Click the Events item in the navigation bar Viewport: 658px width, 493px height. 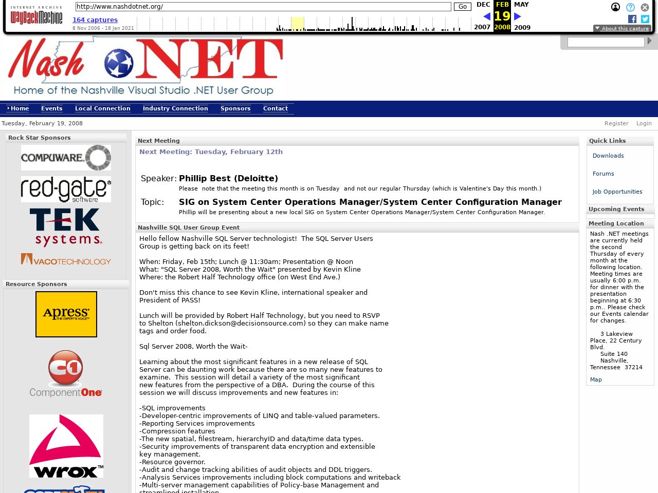(51, 108)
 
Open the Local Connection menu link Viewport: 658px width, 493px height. (102, 108)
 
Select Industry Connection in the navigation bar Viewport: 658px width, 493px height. (175, 108)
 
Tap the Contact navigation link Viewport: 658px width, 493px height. (275, 108)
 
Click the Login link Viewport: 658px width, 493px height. (644, 123)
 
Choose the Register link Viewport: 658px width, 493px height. (616, 123)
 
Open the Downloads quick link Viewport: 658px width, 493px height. (608, 156)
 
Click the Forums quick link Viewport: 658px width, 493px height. (603, 174)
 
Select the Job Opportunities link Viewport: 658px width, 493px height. (617, 192)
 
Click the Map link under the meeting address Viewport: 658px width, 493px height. (596, 380)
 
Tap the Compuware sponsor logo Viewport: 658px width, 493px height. (66, 158)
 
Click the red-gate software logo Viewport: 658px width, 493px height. (66, 189)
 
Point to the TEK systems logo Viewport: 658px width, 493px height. (66, 227)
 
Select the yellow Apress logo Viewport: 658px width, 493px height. (66, 314)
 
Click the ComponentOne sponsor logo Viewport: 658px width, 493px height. (66, 374)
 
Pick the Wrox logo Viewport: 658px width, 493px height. (66, 446)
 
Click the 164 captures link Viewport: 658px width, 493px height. (95, 20)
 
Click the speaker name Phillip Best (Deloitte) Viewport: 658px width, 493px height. (228, 178)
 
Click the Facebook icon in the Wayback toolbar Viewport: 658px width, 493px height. (632, 19)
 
